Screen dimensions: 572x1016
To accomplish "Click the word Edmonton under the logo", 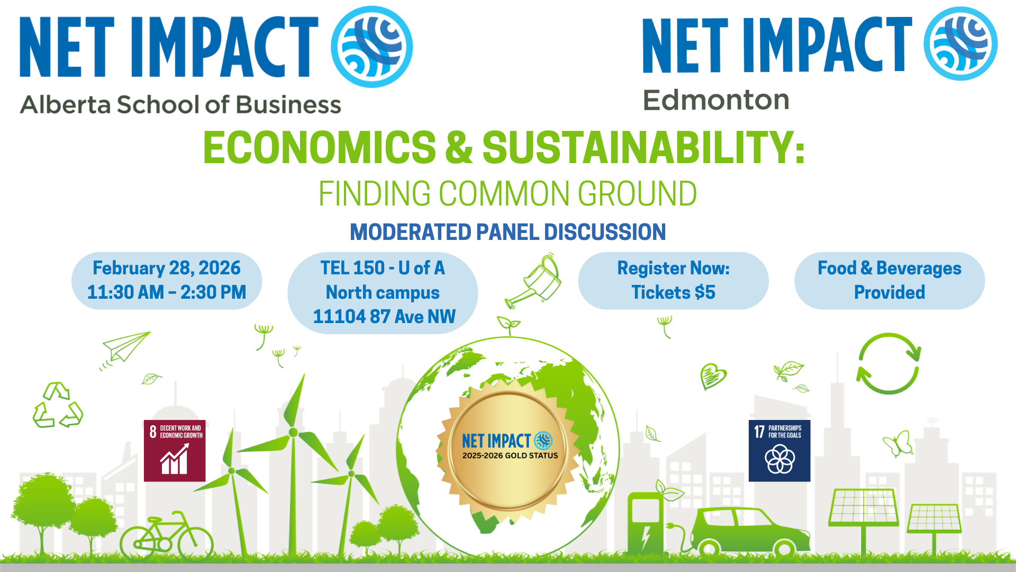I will point(716,100).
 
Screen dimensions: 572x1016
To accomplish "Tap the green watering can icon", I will point(536,282).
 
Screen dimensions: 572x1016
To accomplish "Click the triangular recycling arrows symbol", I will point(58,406).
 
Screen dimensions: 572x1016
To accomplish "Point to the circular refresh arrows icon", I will point(888,363).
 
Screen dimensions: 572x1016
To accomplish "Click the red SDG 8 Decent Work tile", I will point(175,451).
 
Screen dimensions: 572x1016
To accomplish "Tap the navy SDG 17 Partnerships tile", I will point(779,451).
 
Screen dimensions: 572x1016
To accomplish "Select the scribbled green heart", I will point(713,376).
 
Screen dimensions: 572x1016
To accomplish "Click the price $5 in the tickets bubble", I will point(705,292).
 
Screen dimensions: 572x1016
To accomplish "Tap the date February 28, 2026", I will point(167,268).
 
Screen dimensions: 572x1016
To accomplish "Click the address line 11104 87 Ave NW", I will point(384,317).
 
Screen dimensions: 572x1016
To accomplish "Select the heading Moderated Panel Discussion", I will point(508,232).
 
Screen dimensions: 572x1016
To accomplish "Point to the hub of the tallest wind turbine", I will point(293,432).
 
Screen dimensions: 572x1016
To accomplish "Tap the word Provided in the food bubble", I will point(890,292).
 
